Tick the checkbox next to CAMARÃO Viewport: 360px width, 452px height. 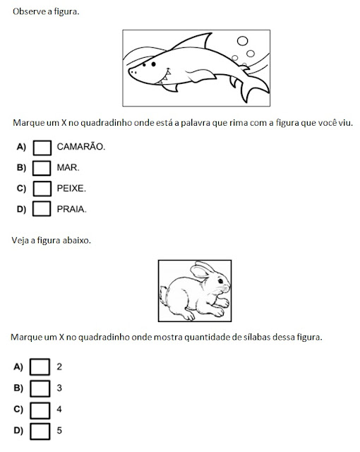pyautogui.click(x=42, y=148)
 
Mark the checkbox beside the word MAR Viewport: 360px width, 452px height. pyautogui.click(x=42, y=168)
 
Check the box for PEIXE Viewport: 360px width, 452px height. pyautogui.click(x=42, y=189)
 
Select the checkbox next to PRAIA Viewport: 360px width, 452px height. pyautogui.click(x=42, y=209)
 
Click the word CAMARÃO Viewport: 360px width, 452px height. pyautogui.click(x=80, y=146)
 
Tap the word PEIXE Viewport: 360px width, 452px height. pyautogui.click(x=71, y=189)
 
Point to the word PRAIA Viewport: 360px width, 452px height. pyautogui.click(x=71, y=209)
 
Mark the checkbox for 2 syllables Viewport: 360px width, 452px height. pyautogui.click(x=40, y=367)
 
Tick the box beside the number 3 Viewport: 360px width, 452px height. pyautogui.click(x=40, y=388)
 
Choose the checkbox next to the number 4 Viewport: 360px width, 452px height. pyautogui.click(x=40, y=410)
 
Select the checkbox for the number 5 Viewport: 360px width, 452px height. pyautogui.click(x=40, y=432)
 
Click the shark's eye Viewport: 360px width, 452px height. pyautogui.click(x=153, y=64)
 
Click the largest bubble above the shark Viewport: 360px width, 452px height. pyautogui.click(x=243, y=41)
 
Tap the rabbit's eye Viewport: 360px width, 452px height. pyautogui.click(x=220, y=281)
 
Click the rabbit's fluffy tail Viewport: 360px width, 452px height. pyautogui.click(x=164, y=295)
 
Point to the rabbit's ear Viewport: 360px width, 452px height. pyautogui.click(x=201, y=270)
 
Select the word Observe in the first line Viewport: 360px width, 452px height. pyautogui.click(x=25, y=11)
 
